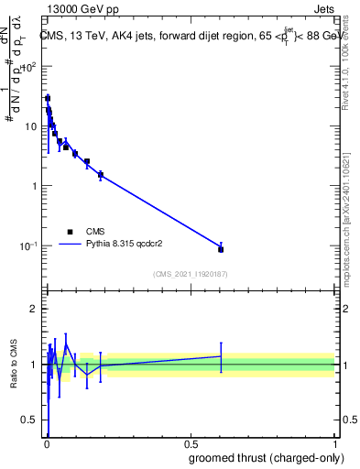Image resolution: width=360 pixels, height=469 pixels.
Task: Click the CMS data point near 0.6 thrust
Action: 221,249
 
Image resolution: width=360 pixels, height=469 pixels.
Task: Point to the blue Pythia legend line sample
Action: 70,245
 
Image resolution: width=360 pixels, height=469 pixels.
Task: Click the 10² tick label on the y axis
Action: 29,67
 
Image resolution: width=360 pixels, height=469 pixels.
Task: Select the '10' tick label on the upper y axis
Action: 31,126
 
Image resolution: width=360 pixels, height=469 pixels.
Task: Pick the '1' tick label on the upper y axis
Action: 34,186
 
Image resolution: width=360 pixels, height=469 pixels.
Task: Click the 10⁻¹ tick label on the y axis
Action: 29,246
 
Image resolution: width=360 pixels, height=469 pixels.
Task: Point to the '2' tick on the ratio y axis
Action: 34,309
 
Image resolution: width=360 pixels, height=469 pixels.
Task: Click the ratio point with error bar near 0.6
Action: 221,356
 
